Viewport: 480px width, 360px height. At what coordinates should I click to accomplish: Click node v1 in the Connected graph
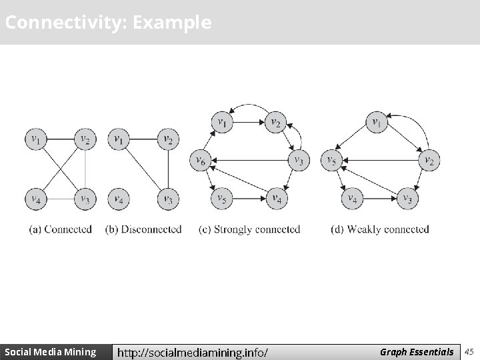point(35,139)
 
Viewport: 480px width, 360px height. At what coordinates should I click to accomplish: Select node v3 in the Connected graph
point(85,198)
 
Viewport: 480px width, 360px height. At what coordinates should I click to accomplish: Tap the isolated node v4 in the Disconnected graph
point(118,198)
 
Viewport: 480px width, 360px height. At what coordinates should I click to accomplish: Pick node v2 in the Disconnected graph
point(168,139)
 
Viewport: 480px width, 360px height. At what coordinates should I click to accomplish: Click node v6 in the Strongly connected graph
point(200,160)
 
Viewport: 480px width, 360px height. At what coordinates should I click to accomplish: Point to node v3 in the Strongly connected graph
point(298,160)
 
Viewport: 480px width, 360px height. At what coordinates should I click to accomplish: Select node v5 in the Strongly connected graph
point(221,198)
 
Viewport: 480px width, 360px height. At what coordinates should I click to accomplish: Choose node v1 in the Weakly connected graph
point(377,123)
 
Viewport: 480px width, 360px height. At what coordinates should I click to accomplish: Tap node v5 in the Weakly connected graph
point(331,160)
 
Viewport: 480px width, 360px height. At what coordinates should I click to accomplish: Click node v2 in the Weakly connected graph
point(429,160)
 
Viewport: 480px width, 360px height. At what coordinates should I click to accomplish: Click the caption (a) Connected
point(61,229)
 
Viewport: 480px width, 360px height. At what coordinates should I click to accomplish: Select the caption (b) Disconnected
point(143,229)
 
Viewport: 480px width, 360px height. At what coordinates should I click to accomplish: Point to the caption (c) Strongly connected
point(250,229)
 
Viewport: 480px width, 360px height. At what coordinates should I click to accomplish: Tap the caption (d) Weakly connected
point(380,229)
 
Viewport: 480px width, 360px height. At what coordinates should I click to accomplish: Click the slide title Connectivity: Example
point(108,23)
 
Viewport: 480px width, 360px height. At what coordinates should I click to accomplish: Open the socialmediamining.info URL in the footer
point(193,352)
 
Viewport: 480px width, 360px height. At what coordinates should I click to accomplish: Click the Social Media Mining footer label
point(50,351)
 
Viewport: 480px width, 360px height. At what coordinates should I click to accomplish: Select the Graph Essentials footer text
point(416,351)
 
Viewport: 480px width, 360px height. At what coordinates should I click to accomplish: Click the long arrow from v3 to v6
point(250,160)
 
